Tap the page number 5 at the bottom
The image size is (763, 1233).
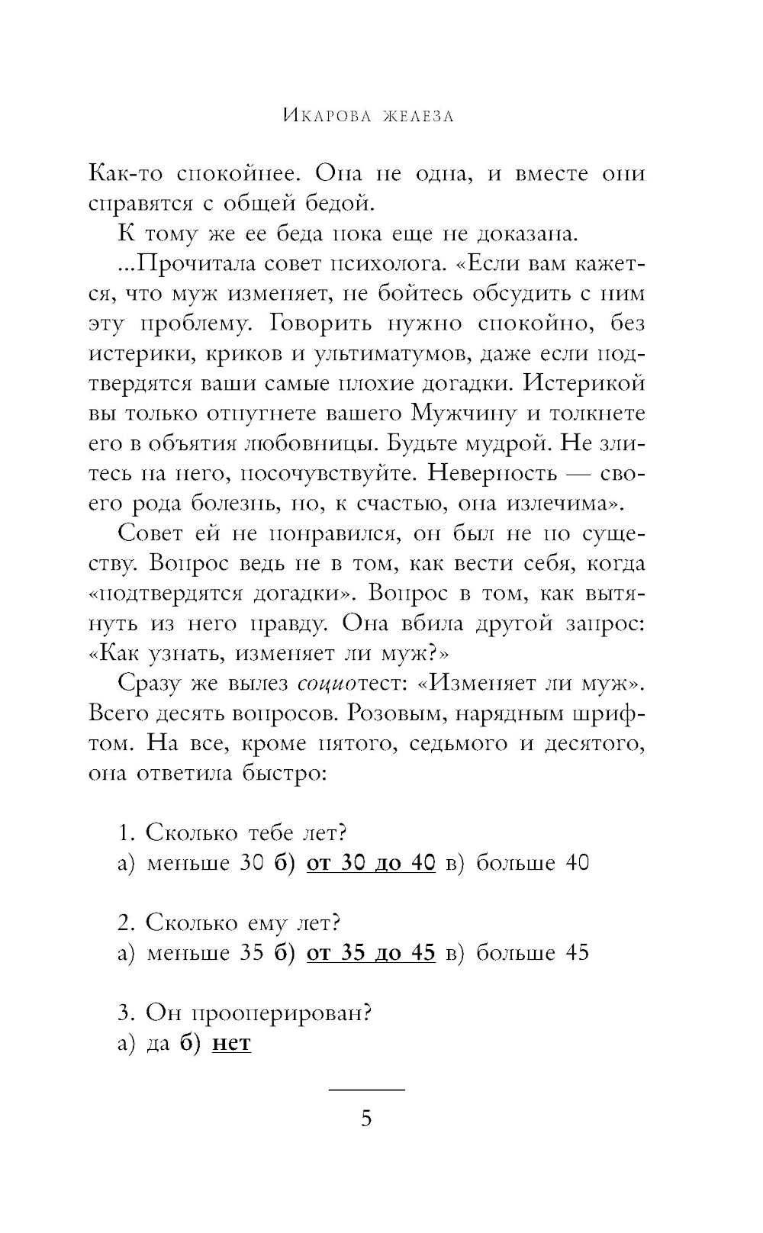pos(366,1119)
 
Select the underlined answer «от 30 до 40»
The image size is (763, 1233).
pos(371,863)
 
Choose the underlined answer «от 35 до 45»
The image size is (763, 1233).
pos(371,953)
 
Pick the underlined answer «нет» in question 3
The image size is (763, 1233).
pos(231,1043)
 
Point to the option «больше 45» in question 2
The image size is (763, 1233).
pos(533,953)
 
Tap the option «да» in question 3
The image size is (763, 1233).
pos(158,1043)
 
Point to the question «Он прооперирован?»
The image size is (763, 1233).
pos(258,1013)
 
